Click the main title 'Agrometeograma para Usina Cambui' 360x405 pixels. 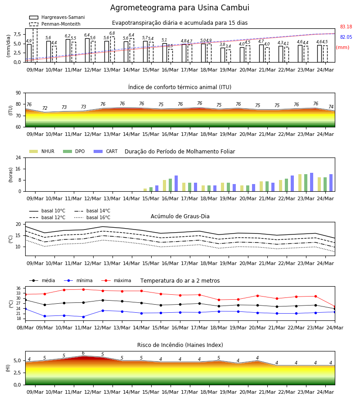click(180, 8)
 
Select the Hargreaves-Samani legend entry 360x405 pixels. click(57, 17)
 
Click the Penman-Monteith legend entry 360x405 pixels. click(55, 24)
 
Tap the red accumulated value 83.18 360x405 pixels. click(346, 27)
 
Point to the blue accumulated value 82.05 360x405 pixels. click(346, 37)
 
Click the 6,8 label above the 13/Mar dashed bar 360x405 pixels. click(112, 33)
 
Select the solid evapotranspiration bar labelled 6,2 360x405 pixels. click(68, 50)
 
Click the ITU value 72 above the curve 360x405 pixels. click(45, 108)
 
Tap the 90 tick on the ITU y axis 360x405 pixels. click(18, 93)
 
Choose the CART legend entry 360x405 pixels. click(106, 151)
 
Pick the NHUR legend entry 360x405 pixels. click(42, 151)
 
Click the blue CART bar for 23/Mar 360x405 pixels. click(312, 182)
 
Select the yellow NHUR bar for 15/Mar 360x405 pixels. click(145, 190)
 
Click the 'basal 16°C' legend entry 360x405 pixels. click(92, 217)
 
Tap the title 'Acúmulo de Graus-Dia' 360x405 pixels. click(180, 216)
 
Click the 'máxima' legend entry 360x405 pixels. click(116, 280)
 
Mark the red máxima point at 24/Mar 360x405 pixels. click(335, 306)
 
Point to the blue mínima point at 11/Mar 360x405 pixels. click(83, 317)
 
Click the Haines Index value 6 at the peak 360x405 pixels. click(83, 353)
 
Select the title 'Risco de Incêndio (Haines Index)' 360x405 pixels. click(180, 345)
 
